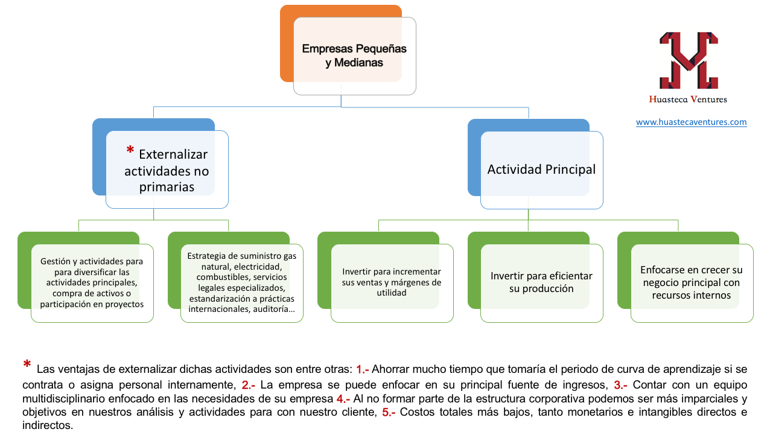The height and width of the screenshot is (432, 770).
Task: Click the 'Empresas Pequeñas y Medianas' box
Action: point(354,56)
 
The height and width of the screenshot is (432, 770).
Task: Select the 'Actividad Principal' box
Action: point(542,170)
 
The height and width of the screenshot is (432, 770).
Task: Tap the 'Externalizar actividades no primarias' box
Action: point(167,170)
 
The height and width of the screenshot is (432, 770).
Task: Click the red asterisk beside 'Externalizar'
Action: point(130,150)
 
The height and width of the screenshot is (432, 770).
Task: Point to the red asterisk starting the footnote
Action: point(27,364)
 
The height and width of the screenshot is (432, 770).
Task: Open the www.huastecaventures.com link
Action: point(692,122)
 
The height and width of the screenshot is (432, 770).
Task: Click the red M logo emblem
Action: point(689,60)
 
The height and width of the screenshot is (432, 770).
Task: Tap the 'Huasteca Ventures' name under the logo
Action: point(688,100)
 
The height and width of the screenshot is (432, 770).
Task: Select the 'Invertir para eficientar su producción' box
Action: point(542,283)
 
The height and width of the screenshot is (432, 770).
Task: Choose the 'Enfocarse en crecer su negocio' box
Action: point(692,283)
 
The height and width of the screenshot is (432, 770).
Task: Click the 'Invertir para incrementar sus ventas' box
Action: point(392,283)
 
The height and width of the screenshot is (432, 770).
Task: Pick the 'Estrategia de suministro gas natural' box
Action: point(241,283)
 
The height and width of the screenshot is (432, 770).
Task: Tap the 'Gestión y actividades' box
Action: point(92,283)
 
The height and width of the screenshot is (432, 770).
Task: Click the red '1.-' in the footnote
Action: point(362,369)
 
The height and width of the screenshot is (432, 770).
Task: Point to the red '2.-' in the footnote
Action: point(248,385)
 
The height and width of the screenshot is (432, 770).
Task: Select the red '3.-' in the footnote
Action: point(620,385)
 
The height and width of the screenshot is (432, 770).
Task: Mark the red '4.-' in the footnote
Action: point(343,399)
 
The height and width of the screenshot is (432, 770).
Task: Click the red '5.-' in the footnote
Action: point(389,412)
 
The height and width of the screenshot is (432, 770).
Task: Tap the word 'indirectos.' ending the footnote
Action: point(48,425)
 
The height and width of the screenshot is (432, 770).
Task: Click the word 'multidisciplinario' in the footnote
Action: point(64,399)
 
